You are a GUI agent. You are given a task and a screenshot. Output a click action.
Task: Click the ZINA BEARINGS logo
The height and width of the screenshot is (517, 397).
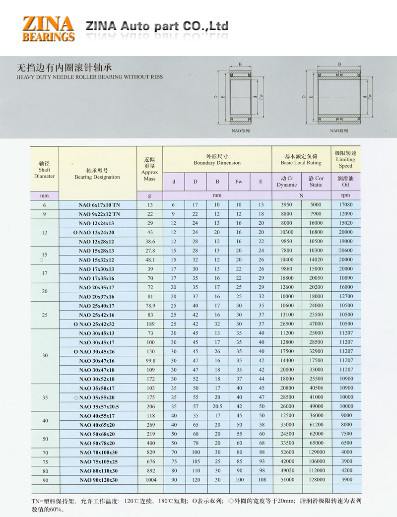tap(49, 28)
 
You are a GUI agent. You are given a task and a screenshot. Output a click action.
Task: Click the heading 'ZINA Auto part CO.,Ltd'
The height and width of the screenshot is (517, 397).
tap(157, 26)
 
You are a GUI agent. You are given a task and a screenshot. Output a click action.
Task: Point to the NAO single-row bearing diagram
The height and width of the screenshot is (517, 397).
tap(241, 96)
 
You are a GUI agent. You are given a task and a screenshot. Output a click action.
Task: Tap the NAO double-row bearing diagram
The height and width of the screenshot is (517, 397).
tap(339, 96)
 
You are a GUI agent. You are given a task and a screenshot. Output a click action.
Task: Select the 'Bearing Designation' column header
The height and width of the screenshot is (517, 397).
tap(97, 173)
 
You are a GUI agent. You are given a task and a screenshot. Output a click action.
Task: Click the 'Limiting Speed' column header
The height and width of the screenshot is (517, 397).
tap(345, 159)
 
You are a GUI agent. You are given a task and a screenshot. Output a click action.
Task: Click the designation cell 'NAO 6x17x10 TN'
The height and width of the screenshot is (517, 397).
tap(99, 205)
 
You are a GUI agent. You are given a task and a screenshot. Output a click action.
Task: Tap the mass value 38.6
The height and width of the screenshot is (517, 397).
tap(149, 241)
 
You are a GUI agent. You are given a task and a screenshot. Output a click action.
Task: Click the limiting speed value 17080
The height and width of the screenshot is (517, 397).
tap(346, 205)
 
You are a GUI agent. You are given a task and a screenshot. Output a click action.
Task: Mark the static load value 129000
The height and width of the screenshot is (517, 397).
tap(316, 452)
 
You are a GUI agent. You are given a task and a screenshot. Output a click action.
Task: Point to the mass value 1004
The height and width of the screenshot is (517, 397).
tap(149, 480)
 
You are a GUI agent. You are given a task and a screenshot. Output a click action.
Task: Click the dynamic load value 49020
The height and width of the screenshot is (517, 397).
tap(287, 471)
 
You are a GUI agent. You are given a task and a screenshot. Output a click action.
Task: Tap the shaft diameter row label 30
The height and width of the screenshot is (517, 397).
tap(45, 356)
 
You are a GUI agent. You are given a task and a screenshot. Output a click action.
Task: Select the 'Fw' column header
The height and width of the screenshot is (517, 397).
tap(239, 182)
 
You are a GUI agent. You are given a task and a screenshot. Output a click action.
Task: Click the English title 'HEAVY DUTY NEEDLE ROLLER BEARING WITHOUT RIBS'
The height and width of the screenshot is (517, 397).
tap(89, 77)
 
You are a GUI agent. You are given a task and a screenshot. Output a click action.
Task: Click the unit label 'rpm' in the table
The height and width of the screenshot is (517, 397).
tap(346, 195)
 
